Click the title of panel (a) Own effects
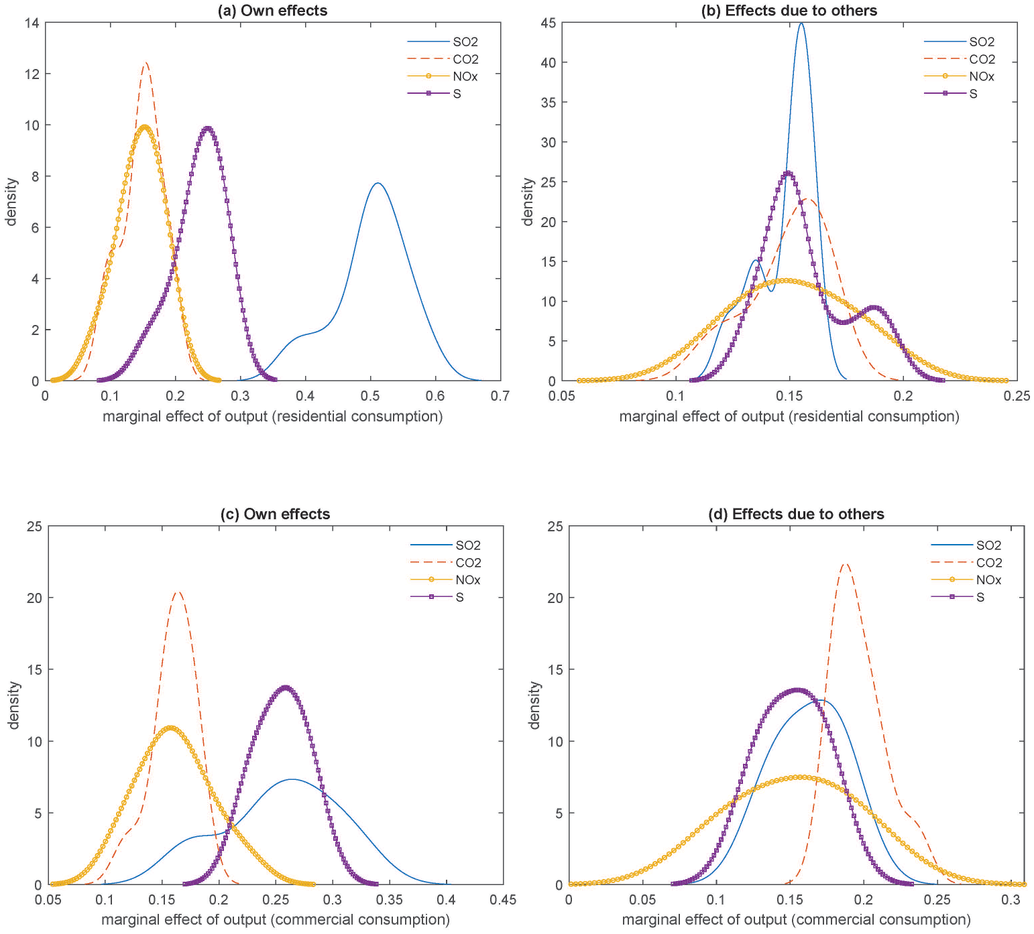pyautogui.click(x=273, y=10)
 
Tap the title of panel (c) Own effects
pyautogui.click(x=275, y=514)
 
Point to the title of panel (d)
pyautogui.click(x=796, y=514)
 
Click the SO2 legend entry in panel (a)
pyautogui.click(x=443, y=42)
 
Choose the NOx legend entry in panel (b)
pyautogui.click(x=960, y=76)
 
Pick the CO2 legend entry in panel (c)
pyautogui.click(x=445, y=563)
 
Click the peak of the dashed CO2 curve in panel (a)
pyautogui.click(x=145, y=63)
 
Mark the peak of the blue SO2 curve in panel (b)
pyautogui.click(x=801, y=24)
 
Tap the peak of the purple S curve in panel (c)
pyautogui.click(x=286, y=687)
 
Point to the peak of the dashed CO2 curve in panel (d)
pyautogui.click(x=845, y=564)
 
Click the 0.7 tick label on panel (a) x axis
pyautogui.click(x=500, y=396)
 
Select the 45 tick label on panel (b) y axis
pyautogui.click(x=548, y=23)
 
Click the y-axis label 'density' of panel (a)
pyautogui.click(x=11, y=202)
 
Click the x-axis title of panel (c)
pyautogui.click(x=276, y=919)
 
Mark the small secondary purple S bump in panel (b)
pyautogui.click(x=874, y=308)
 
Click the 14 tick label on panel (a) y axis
pyautogui.click(x=32, y=23)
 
